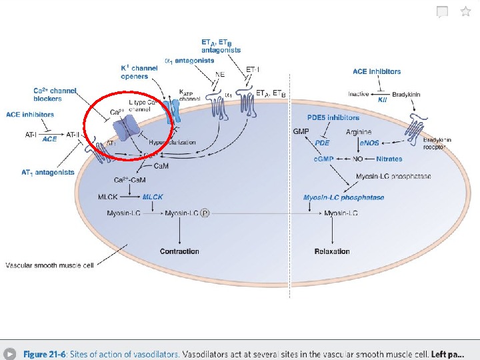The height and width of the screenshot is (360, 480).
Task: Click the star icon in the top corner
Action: pos(465,11)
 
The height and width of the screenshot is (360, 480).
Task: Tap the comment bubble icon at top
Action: pos(442,12)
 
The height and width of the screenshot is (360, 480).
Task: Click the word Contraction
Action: pos(179,251)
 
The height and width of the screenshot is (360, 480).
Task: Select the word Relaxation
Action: pos(332,251)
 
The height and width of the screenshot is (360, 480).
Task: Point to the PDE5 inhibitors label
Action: pos(333,117)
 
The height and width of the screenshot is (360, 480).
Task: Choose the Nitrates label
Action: pos(389,159)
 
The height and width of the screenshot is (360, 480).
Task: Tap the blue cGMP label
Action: pos(323,159)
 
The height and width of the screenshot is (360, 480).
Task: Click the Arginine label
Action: pos(359,132)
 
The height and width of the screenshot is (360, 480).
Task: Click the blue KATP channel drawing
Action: pos(173,107)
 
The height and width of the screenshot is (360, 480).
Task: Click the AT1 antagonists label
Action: pos(48,173)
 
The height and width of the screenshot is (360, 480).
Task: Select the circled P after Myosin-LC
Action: pos(205,213)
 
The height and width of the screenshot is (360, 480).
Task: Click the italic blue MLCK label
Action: pos(153,197)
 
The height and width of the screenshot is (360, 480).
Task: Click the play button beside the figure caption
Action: pos(10,354)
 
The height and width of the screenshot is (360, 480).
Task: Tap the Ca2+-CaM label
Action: pos(130,180)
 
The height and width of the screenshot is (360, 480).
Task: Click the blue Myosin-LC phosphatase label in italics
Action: pos(343,197)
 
